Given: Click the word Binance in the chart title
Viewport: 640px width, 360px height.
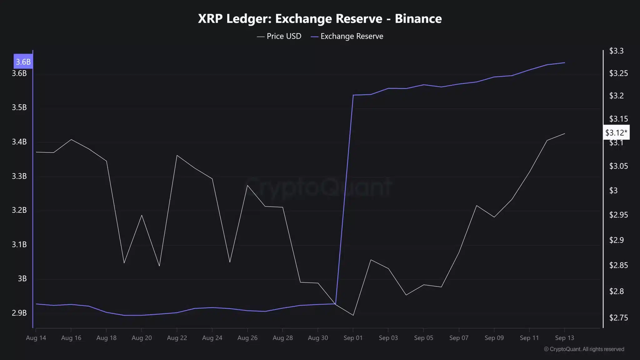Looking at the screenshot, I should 418,19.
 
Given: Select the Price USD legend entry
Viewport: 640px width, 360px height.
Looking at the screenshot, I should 279,36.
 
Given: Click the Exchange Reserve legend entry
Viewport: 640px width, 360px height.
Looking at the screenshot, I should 347,36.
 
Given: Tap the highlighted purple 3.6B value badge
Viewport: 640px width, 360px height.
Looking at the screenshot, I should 23,62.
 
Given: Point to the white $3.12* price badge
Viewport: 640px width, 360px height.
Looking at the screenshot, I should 616,133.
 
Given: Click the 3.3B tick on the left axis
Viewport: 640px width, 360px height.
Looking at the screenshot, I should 19,176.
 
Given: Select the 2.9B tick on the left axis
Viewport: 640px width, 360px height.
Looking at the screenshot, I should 19,313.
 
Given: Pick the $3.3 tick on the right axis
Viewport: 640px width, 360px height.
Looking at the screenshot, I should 616,51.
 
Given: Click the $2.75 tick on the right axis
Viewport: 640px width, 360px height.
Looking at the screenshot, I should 618,318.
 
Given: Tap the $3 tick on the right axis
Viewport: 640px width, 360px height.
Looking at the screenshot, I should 613,190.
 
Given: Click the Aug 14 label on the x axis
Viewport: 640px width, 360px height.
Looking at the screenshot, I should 36,338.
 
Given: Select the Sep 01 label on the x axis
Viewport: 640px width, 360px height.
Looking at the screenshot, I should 353,338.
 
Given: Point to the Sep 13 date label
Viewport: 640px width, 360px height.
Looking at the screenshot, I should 564,338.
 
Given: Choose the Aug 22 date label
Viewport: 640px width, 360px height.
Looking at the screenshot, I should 177,338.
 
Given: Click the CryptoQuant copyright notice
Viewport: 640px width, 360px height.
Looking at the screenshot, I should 584,349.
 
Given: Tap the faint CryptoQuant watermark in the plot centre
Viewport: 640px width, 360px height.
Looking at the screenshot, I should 318,187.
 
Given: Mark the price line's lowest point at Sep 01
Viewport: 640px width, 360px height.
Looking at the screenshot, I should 353,315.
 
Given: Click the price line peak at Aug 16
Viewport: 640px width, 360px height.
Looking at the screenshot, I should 72,139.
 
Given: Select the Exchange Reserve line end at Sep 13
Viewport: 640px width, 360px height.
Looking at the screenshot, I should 565,63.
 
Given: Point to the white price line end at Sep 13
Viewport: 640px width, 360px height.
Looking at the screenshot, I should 565,133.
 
